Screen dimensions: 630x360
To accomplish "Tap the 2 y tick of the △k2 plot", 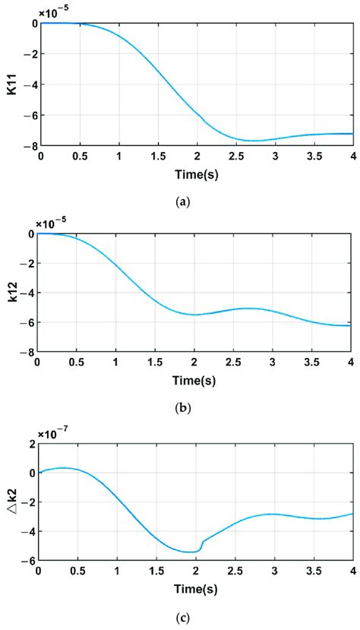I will [31, 443].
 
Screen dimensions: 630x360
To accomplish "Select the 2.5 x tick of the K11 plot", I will [235, 156].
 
